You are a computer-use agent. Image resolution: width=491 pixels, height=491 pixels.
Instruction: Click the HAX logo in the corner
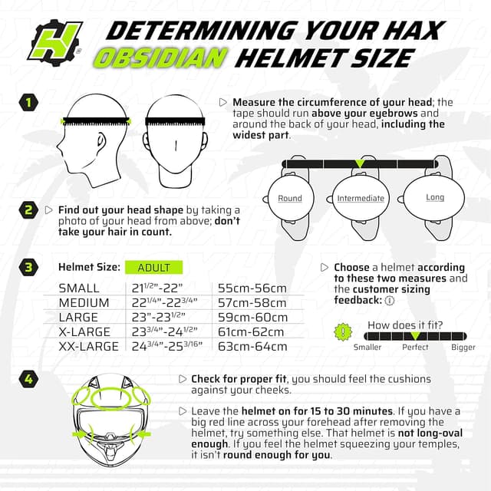coord(54,40)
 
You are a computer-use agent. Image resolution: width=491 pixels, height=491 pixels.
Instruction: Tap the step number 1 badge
coord(28,102)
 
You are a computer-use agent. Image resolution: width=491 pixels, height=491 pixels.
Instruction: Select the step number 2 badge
coord(28,209)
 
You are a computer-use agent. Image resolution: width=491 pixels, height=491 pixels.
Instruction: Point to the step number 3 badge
coord(28,267)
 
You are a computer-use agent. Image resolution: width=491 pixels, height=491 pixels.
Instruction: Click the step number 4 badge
coord(28,378)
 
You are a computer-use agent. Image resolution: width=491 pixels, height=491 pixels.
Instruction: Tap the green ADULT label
coord(153,268)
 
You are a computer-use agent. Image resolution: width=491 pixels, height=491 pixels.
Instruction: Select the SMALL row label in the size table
coord(79,288)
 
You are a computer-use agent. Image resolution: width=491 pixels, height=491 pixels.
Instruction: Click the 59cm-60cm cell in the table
coord(252,317)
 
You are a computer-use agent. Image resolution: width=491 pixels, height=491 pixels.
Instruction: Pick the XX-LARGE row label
coord(88,346)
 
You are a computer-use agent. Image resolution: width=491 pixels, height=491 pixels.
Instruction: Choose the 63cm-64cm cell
coord(252,346)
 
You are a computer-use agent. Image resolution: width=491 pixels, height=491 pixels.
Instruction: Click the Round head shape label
coord(290,198)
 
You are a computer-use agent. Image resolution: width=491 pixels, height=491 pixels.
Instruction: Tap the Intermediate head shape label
coord(361,198)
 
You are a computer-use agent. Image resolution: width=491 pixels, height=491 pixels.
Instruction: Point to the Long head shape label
coord(435,197)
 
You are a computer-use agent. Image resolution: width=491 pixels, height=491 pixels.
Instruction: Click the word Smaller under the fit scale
coord(367,348)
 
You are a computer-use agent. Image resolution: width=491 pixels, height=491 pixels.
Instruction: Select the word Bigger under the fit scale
coord(463,348)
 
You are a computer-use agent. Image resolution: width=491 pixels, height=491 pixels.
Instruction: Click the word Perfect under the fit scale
coord(415,348)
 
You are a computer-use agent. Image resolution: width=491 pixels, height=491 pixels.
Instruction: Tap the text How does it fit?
coord(404,325)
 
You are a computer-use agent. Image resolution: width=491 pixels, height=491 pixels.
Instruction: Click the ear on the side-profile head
coord(101,141)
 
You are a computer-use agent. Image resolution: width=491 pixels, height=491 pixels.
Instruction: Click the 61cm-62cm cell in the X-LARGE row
coord(252,331)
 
